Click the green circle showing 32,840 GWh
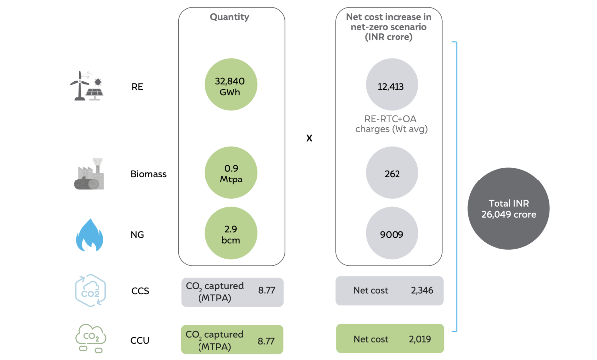coord(231,85)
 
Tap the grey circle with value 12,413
coord(392,85)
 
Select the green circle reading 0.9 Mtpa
coord(231,173)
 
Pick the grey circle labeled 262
coord(392,173)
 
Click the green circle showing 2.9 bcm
coord(231,233)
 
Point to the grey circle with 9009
coord(392,233)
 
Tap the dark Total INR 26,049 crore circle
coord(508,208)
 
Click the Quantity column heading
coord(229,17)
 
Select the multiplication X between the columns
coord(309,138)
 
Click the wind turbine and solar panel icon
coord(87,86)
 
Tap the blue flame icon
coord(90,235)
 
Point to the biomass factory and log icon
coord(89,174)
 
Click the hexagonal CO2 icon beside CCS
coord(91,291)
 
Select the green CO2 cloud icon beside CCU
coord(91,339)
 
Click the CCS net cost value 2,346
coord(422,290)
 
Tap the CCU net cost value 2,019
coord(420,339)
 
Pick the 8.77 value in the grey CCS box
coord(267,290)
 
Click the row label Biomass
coord(148,174)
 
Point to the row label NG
coord(137,235)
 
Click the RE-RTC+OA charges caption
coord(391,124)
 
